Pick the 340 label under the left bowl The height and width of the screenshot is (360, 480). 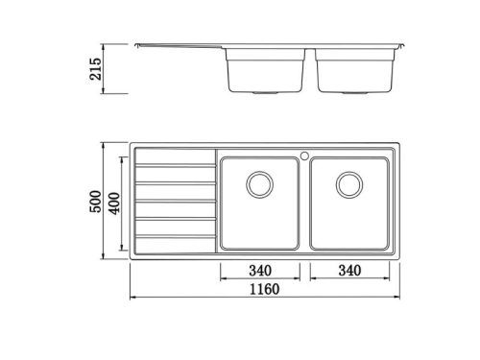coord(257,270)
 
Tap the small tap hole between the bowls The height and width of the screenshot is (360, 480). coord(303,152)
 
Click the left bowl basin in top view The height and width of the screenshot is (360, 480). coord(259,216)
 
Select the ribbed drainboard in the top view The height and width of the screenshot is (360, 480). coord(174,201)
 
